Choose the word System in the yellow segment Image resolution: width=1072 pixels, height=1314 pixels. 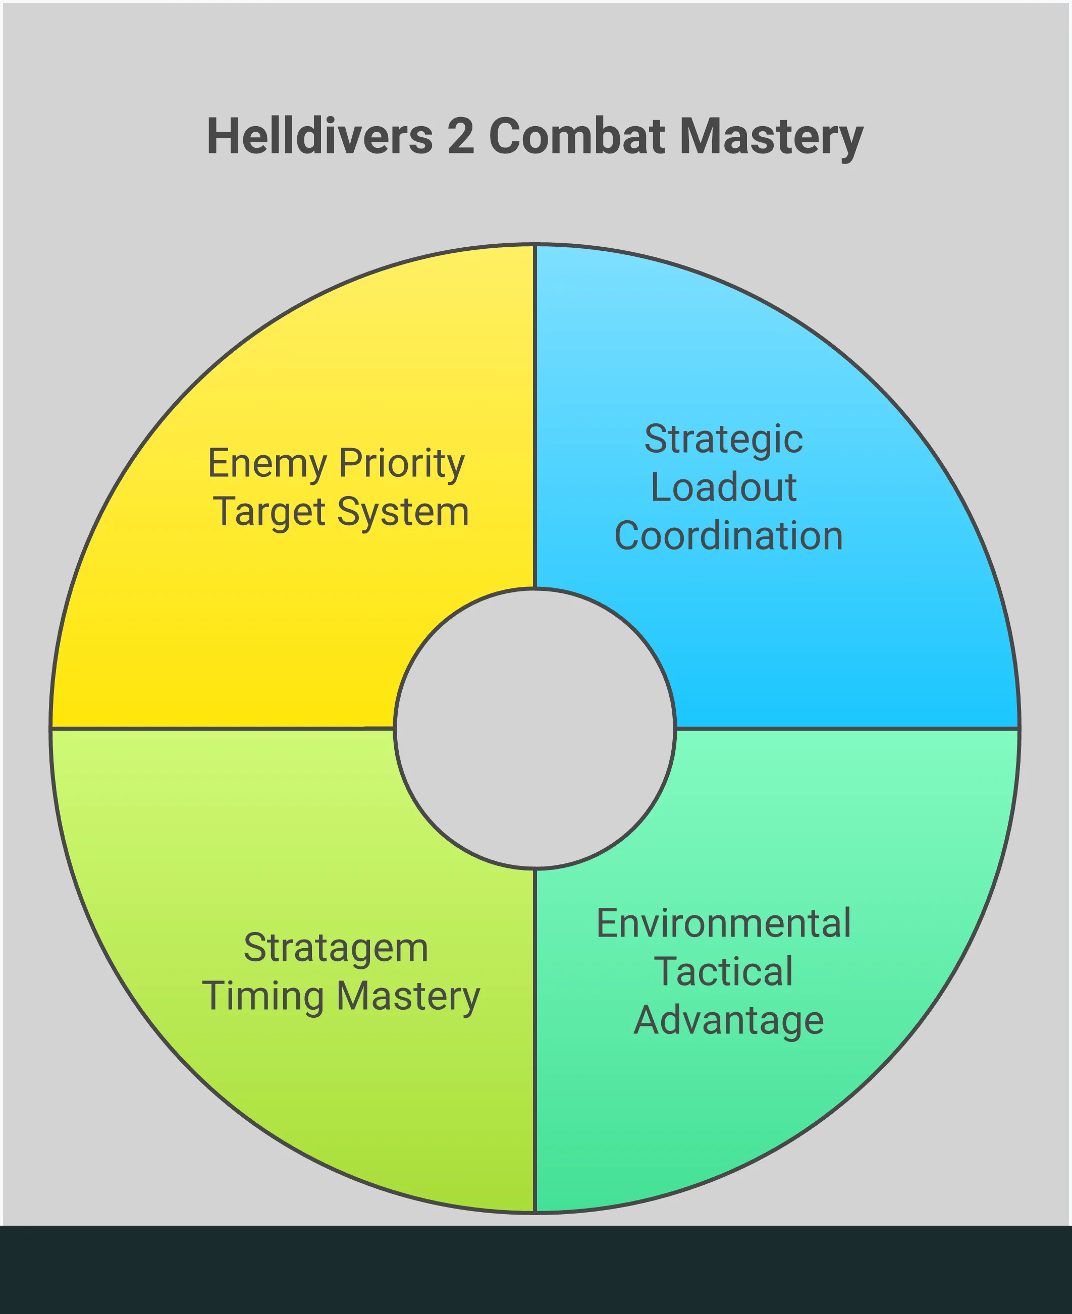pos(403,513)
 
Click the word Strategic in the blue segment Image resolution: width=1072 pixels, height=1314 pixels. pos(723,440)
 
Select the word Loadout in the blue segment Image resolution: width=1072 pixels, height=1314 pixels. pos(723,488)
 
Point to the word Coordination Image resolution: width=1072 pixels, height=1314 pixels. pos(728,535)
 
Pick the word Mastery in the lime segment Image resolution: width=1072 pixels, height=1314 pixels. pos(408,997)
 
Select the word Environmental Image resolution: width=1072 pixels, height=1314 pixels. pos(723,924)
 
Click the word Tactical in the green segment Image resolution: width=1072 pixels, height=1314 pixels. pos(723,972)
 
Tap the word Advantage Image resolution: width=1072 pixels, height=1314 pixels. pos(728,1021)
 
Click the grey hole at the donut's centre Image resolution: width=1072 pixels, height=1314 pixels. pos(535,729)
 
